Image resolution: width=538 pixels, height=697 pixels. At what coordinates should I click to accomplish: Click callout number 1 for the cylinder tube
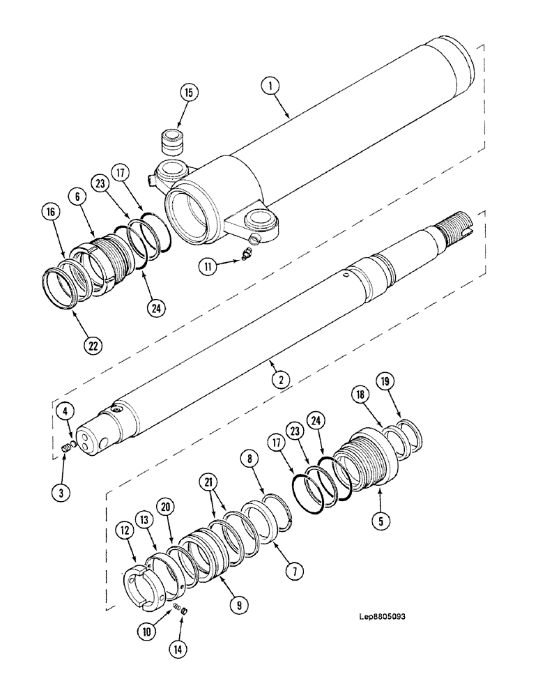click(x=270, y=86)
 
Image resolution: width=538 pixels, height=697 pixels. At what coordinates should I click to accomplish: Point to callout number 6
click(x=78, y=198)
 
